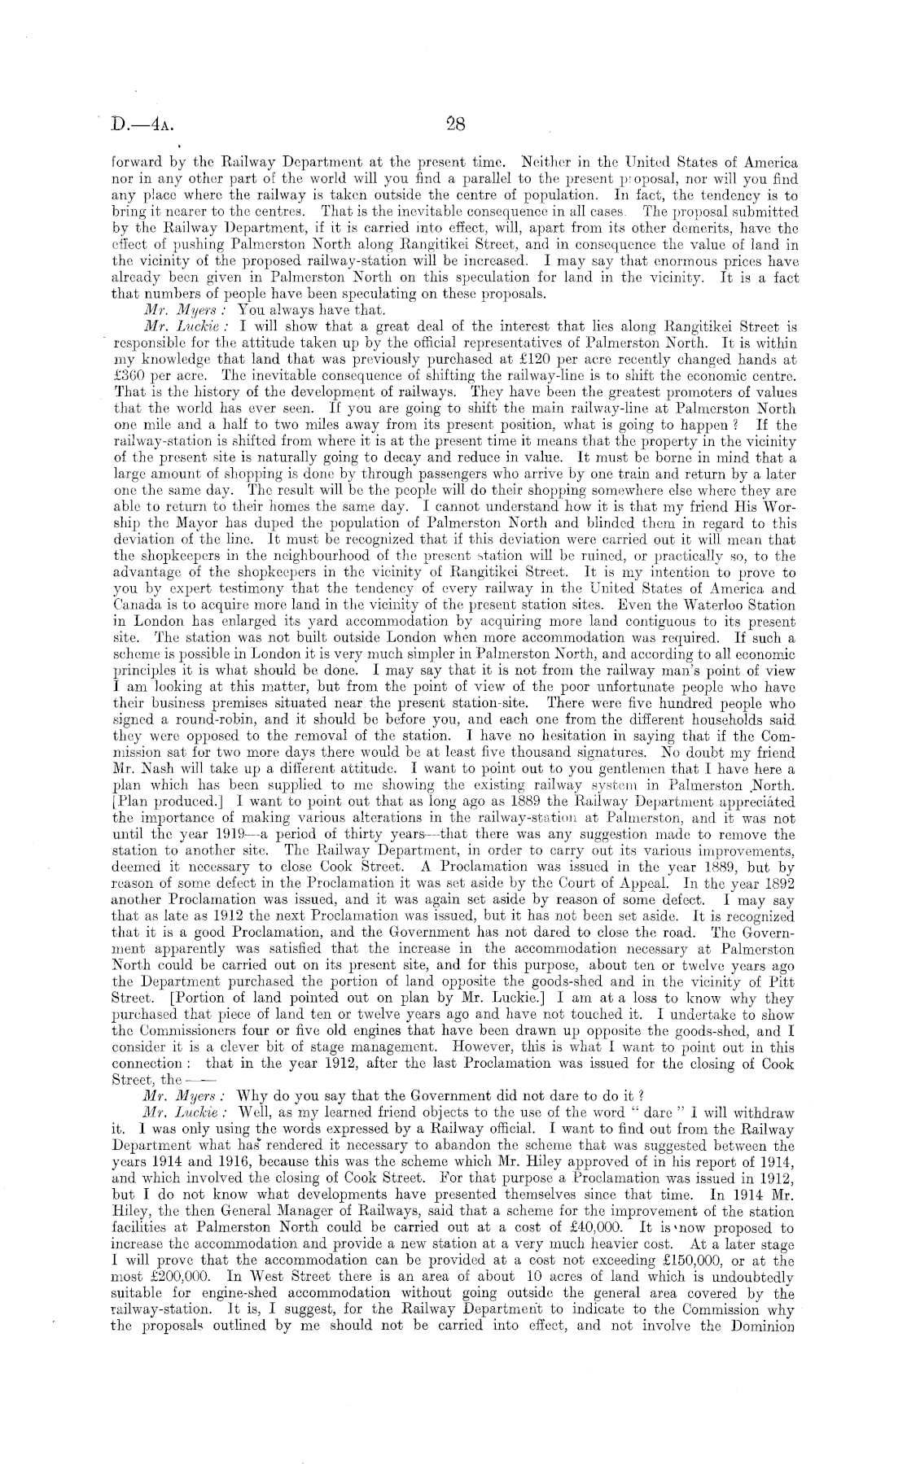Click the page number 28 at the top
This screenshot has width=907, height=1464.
coord(454,125)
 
